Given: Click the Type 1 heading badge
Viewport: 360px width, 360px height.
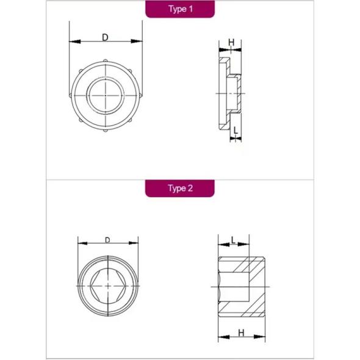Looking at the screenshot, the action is pos(180,9).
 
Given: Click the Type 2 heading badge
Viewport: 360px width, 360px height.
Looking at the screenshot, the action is pos(180,189).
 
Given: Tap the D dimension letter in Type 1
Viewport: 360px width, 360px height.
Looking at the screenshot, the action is pos(105,37).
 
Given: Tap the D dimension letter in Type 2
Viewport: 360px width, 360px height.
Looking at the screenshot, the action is pos(107,240).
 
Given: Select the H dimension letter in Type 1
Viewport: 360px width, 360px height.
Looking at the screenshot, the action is pos(231,42).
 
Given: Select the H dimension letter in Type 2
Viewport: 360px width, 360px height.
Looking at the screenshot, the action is pos(241,333).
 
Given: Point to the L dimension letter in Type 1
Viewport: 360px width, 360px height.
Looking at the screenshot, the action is pos(236,131).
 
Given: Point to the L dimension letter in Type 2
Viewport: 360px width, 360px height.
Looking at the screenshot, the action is pos(233,240).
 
